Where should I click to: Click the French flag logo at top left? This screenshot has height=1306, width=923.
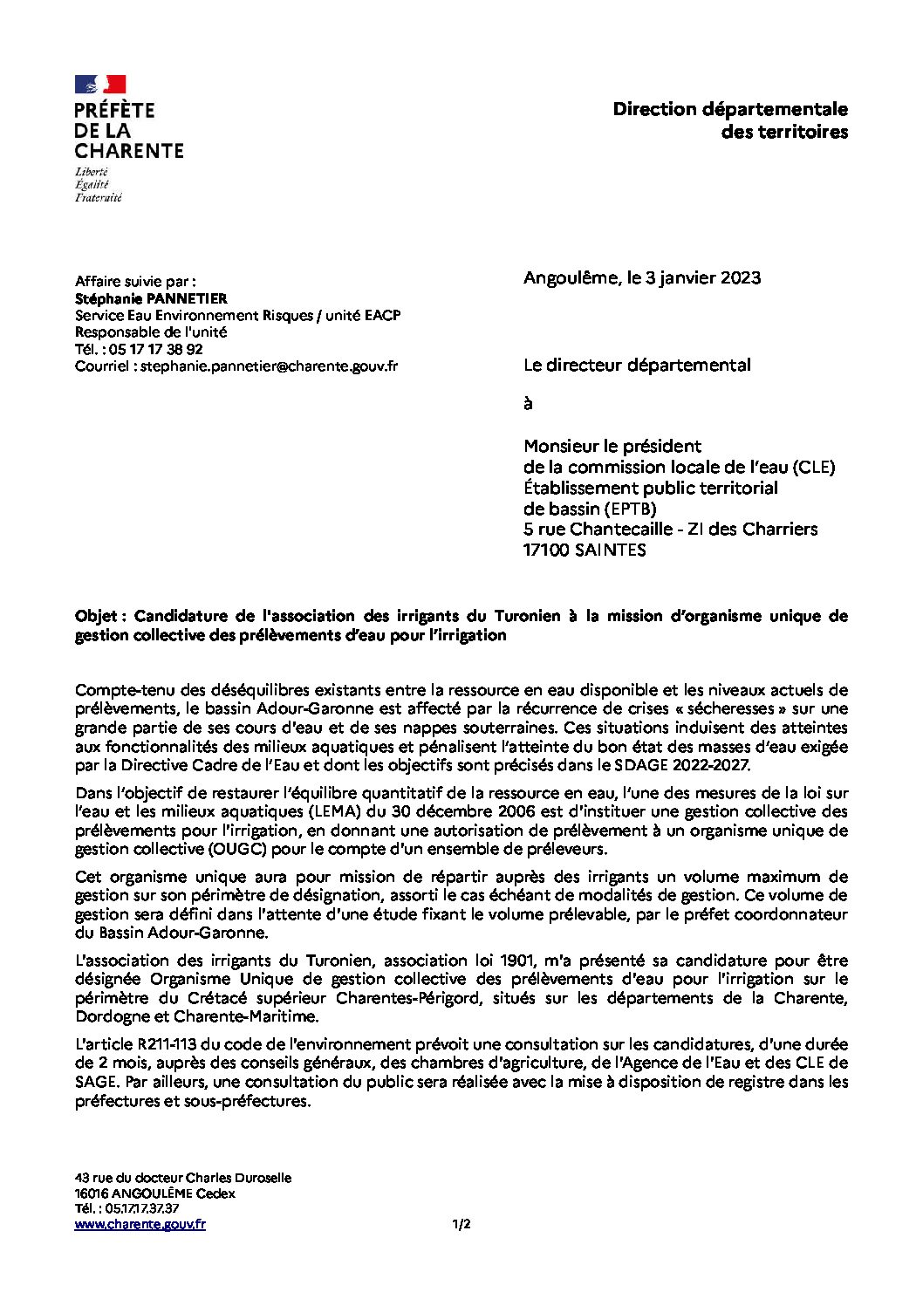point(100,85)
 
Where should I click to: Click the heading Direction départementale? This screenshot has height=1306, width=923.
point(729,109)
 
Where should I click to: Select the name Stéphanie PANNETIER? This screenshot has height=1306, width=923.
point(151,298)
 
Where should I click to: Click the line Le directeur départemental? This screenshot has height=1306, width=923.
point(636,366)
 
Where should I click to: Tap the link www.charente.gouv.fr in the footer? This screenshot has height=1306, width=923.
point(140,1225)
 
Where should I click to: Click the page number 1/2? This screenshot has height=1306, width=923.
point(461,1225)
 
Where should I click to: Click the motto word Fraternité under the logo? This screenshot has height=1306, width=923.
point(98,198)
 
